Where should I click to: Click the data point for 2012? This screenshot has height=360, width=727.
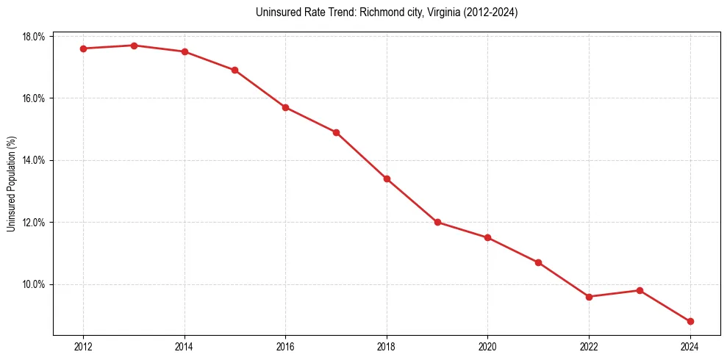point(83,48)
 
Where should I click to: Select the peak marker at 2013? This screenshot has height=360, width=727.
point(134,46)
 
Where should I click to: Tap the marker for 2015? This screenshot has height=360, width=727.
point(234,70)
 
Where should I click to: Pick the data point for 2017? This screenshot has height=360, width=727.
point(336,132)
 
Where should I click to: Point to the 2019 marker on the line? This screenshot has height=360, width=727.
point(437,222)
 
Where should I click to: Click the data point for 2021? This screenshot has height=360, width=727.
point(538,262)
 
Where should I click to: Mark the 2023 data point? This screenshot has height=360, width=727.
point(640,290)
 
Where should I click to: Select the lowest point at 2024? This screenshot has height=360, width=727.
point(690,321)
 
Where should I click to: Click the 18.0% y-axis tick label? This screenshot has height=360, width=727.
point(35,37)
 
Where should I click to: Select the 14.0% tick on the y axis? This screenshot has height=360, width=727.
point(35,160)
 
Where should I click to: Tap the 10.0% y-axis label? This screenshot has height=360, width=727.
point(35,284)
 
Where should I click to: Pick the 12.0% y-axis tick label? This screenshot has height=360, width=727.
point(35,223)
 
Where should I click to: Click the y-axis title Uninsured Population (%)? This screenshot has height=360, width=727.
point(12,184)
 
